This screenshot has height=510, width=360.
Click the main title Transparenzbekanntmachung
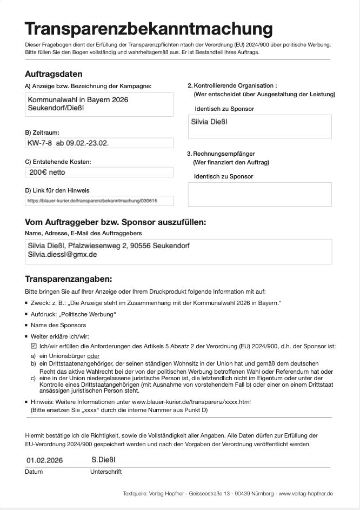pos(149,29)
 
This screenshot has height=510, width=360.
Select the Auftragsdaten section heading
pos(54,74)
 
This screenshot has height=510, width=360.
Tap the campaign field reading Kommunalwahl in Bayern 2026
pos(78,100)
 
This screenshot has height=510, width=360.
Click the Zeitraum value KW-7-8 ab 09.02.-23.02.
pos(72,143)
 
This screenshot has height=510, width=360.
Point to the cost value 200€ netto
pos(47,173)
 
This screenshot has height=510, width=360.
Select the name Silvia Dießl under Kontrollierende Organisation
pos(209,122)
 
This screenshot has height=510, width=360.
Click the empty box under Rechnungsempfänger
pos(259,194)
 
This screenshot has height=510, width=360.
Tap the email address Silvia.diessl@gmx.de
pos(63,254)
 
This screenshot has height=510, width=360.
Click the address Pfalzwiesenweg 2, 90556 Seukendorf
pos(129,246)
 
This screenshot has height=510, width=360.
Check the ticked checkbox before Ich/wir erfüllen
pos(34,345)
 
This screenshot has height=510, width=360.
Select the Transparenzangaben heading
pos(68,279)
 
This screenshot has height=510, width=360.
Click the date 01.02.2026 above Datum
pos(44,460)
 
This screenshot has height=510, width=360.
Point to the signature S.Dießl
pos(104,460)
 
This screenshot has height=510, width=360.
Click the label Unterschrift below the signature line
pos(105,472)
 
